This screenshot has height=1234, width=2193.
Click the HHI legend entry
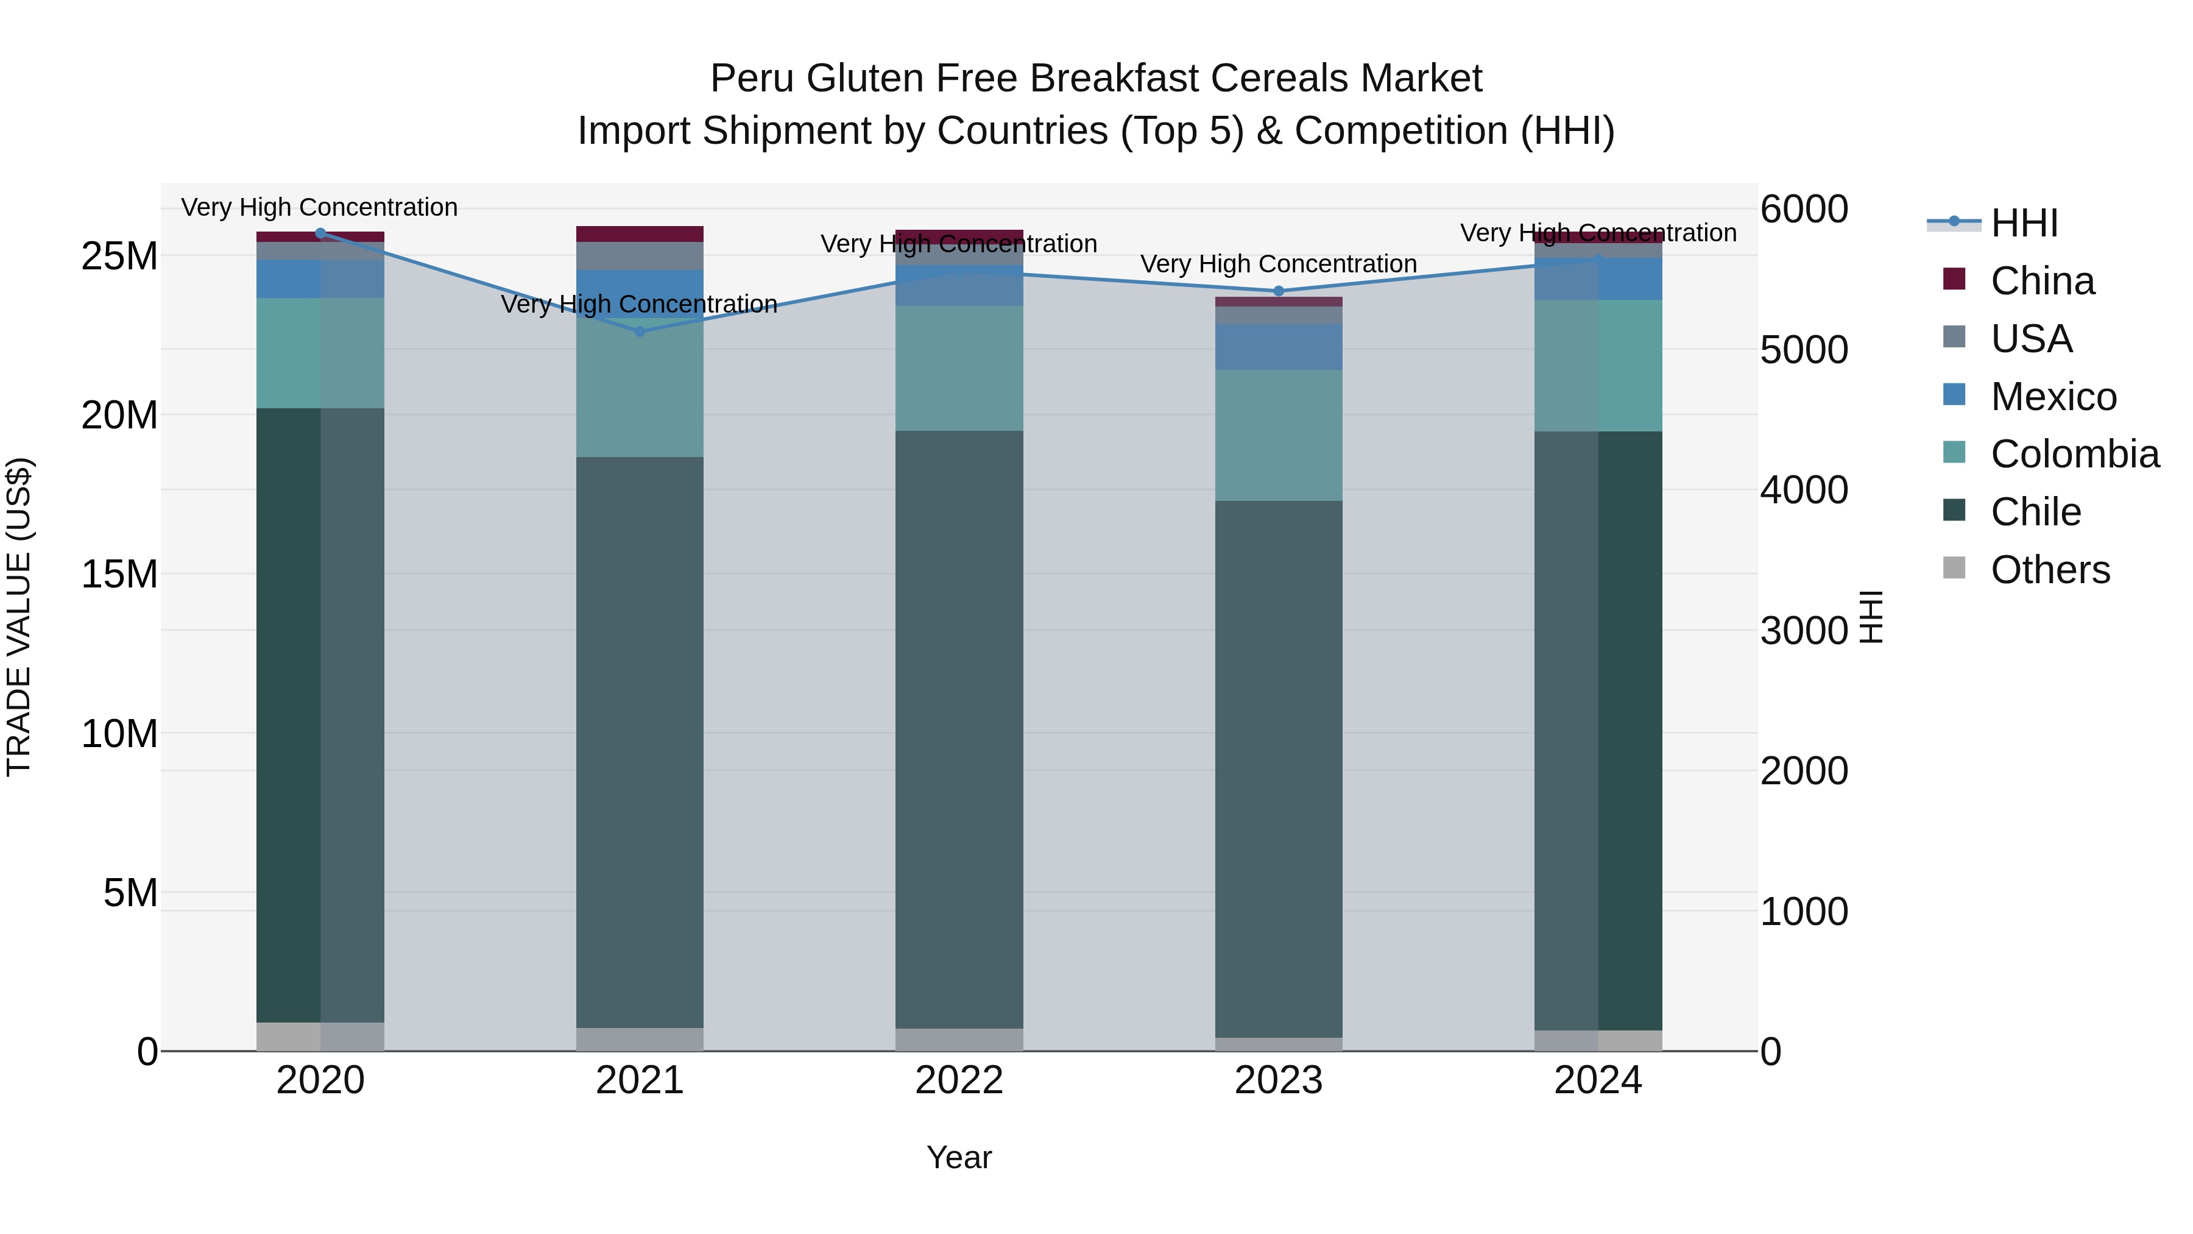2024,223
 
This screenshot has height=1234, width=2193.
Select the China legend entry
2041,281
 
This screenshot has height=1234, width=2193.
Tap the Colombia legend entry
2074,454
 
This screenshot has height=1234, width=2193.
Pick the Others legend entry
2049,570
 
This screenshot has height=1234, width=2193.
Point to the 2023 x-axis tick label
1278,1080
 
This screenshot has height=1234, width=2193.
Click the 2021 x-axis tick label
640,1080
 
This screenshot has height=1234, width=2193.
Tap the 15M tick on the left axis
119,574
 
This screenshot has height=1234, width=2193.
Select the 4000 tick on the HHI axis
1804,490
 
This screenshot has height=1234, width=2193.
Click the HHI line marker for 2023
1278,291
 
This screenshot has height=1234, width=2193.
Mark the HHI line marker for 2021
640,332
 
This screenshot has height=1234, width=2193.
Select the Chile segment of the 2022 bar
959,728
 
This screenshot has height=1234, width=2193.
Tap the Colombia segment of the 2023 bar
1278,434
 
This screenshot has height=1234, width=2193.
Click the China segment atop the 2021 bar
640,234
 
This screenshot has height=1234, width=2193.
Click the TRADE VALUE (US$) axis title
19,617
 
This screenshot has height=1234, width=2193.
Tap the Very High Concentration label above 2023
1278,264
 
